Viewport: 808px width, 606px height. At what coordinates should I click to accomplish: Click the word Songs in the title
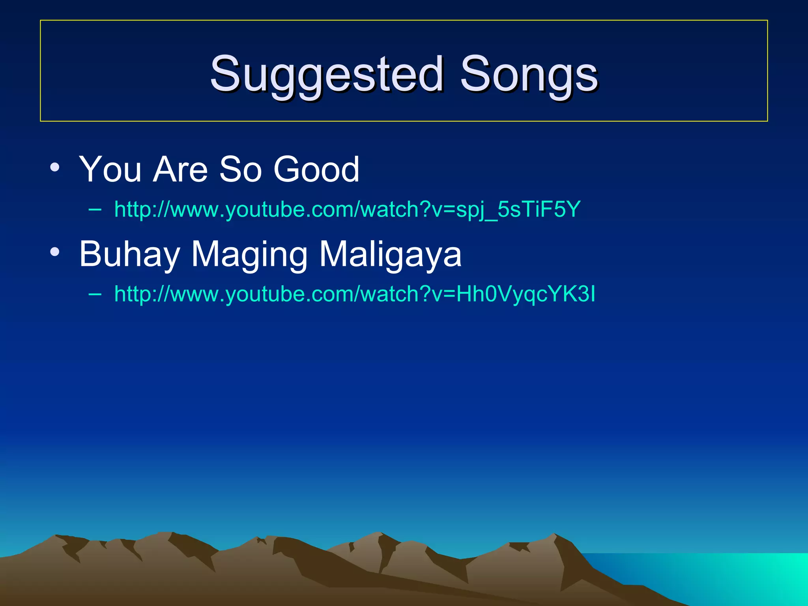pyautogui.click(x=529, y=74)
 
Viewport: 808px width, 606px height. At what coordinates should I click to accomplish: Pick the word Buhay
pyautogui.click(x=129, y=254)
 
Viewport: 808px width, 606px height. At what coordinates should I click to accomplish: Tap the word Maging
pyautogui.click(x=249, y=254)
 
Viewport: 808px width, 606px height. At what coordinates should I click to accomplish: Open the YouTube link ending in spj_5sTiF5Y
pyautogui.click(x=347, y=209)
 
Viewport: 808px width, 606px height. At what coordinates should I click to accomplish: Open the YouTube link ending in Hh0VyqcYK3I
pyautogui.click(x=355, y=294)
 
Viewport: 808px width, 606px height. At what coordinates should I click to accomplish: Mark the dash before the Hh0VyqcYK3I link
pyautogui.click(x=95, y=294)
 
